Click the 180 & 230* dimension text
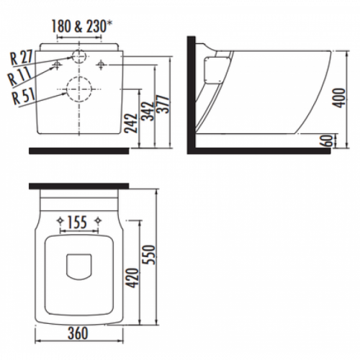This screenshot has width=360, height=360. [x=79, y=26]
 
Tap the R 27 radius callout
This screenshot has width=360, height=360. [x=21, y=57]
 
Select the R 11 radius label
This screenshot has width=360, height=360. [x=19, y=76]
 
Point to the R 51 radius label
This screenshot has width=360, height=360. [x=24, y=96]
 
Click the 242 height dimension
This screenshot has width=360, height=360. [x=131, y=123]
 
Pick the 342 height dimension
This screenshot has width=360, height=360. [x=148, y=111]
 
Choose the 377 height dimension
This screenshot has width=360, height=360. [x=163, y=104]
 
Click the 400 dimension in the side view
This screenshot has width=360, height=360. [x=338, y=98]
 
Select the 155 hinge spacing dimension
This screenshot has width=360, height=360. [x=77, y=222]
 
